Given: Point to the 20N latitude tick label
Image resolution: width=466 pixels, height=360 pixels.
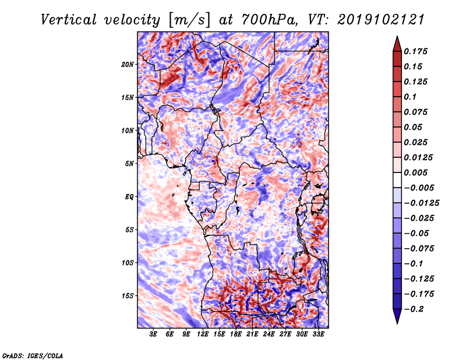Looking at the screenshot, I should (128, 64).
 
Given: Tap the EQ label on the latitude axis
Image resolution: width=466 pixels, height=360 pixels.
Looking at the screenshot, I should (129, 197).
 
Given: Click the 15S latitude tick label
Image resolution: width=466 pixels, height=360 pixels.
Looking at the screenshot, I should (128, 296).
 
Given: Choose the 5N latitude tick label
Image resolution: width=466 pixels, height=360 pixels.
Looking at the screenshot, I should (129, 164).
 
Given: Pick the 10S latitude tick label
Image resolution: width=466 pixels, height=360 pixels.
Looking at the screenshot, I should (128, 263).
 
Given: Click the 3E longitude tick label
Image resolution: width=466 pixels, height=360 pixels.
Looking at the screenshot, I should (154, 334).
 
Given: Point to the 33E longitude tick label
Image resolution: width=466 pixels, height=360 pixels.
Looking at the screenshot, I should (318, 334).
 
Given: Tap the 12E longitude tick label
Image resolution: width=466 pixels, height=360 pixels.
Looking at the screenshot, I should (203, 334).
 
